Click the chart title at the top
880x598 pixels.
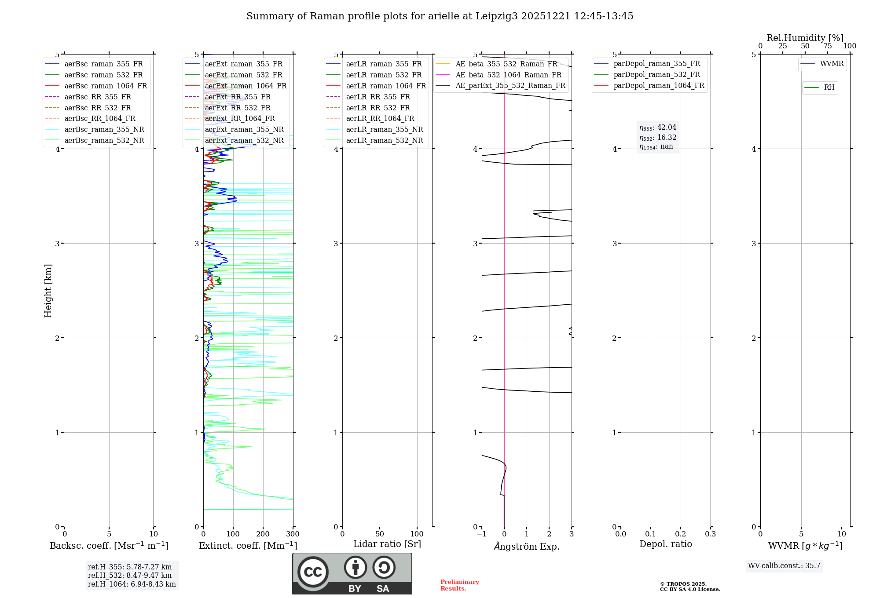440,16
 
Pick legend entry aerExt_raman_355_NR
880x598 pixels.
244,129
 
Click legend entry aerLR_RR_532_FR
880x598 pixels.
378,108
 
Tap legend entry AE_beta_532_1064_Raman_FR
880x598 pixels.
508,75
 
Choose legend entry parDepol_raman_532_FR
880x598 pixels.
656,75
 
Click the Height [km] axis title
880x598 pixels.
48,291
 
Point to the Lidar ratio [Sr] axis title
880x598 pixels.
387,544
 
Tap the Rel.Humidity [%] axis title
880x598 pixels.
805,38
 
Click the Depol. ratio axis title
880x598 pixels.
665,544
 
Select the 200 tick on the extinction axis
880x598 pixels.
263,534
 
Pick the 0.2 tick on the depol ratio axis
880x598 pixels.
680,534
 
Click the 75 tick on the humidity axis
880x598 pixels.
827,46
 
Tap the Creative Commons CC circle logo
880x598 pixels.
313,572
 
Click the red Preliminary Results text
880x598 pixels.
459,585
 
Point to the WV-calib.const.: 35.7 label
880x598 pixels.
784,566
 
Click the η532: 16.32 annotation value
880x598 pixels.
658,138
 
